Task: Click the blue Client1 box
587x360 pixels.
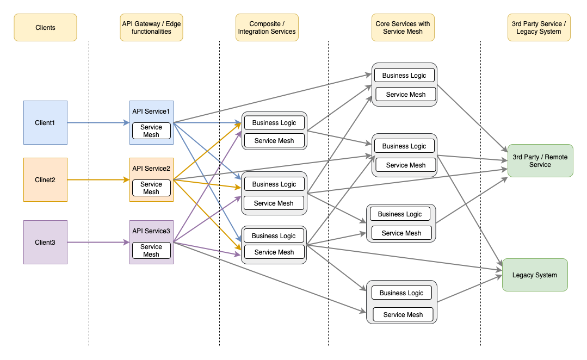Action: [45, 122]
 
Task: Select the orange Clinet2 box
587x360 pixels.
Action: [45, 179]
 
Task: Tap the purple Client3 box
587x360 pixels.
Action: [45, 242]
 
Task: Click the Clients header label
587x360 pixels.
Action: [45, 27]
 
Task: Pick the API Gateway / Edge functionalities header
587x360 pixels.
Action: [151, 27]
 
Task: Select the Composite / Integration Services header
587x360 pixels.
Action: [267, 27]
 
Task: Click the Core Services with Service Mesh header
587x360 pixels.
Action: [403, 27]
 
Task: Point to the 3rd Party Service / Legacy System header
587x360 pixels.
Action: [539, 27]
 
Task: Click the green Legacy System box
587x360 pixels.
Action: [535, 275]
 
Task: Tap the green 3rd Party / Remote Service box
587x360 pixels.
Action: [540, 160]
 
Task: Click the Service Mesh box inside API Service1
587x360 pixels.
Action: [151, 131]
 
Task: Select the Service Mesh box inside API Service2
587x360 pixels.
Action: [151, 188]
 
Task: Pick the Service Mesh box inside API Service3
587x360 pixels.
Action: [151, 250]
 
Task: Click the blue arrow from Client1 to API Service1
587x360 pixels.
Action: [98, 122]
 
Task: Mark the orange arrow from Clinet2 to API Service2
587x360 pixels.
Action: [98, 179]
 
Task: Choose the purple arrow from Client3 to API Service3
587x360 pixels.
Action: [98, 242]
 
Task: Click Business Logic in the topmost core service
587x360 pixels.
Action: [404, 75]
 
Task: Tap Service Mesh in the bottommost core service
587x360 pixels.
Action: [403, 314]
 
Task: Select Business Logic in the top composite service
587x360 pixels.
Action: [274, 122]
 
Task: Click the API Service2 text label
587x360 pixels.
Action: [151, 169]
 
